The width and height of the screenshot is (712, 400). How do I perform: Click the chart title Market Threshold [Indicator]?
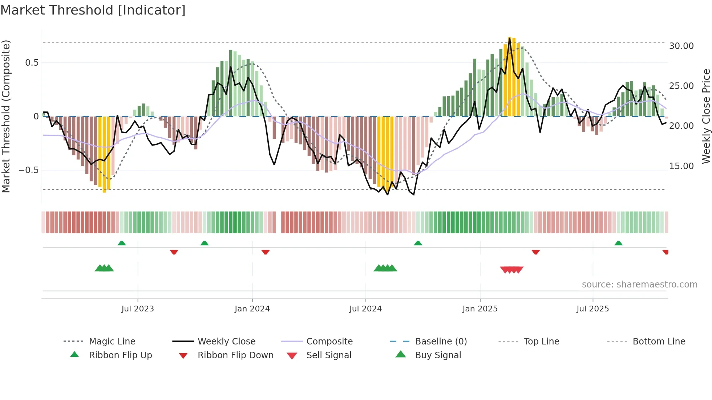click(93, 10)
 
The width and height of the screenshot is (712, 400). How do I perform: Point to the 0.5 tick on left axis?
click(32, 63)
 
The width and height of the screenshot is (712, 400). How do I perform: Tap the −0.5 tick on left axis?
click(29, 170)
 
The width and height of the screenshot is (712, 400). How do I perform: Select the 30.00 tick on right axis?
click(681, 46)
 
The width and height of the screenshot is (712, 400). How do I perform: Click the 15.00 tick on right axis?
click(681, 166)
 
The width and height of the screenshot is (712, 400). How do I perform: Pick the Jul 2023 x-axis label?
click(138, 309)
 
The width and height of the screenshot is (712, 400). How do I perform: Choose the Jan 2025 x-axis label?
click(480, 309)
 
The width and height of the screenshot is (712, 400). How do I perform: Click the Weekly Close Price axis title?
click(706, 116)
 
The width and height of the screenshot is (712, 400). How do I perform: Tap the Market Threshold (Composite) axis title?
click(6, 116)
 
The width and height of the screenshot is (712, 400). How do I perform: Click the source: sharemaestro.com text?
click(639, 285)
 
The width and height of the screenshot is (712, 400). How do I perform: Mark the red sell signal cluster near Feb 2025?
click(511, 270)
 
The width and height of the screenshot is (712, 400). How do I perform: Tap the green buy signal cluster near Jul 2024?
click(385, 268)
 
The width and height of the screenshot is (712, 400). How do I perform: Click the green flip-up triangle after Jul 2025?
click(618, 243)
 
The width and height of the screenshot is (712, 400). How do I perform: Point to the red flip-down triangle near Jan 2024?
click(266, 252)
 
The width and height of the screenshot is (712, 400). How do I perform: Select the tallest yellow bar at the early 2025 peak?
click(510, 76)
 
